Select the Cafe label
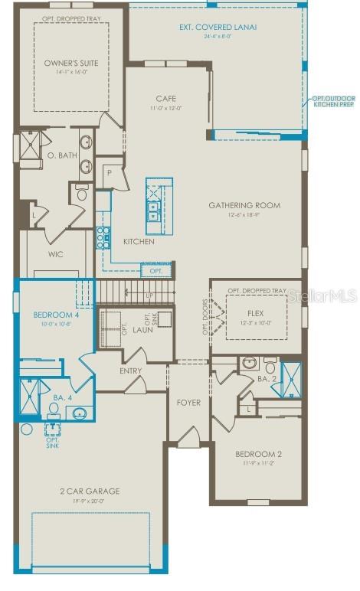pos(166,99)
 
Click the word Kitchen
pos(139,242)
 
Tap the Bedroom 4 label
pos(52,315)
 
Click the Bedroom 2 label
pos(258,455)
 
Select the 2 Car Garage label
pos(90,491)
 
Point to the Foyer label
pos(188,403)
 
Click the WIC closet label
pos(55,254)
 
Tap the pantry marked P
pos(110,173)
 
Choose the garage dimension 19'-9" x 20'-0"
pos(90,501)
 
